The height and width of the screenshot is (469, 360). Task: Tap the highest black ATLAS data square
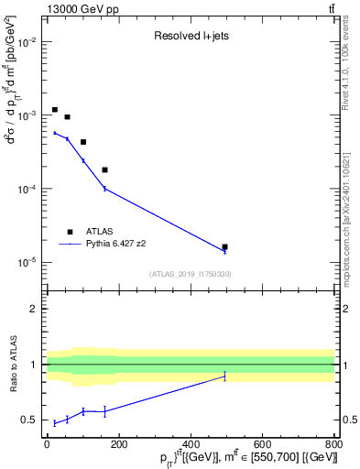point(55,110)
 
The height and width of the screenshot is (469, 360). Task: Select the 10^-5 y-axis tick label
point(29,262)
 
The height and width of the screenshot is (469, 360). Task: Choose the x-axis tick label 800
point(333,444)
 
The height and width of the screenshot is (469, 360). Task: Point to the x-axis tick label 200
point(118,444)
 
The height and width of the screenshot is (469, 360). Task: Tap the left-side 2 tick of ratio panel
point(35,309)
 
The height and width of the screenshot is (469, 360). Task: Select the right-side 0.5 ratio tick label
point(349,420)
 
